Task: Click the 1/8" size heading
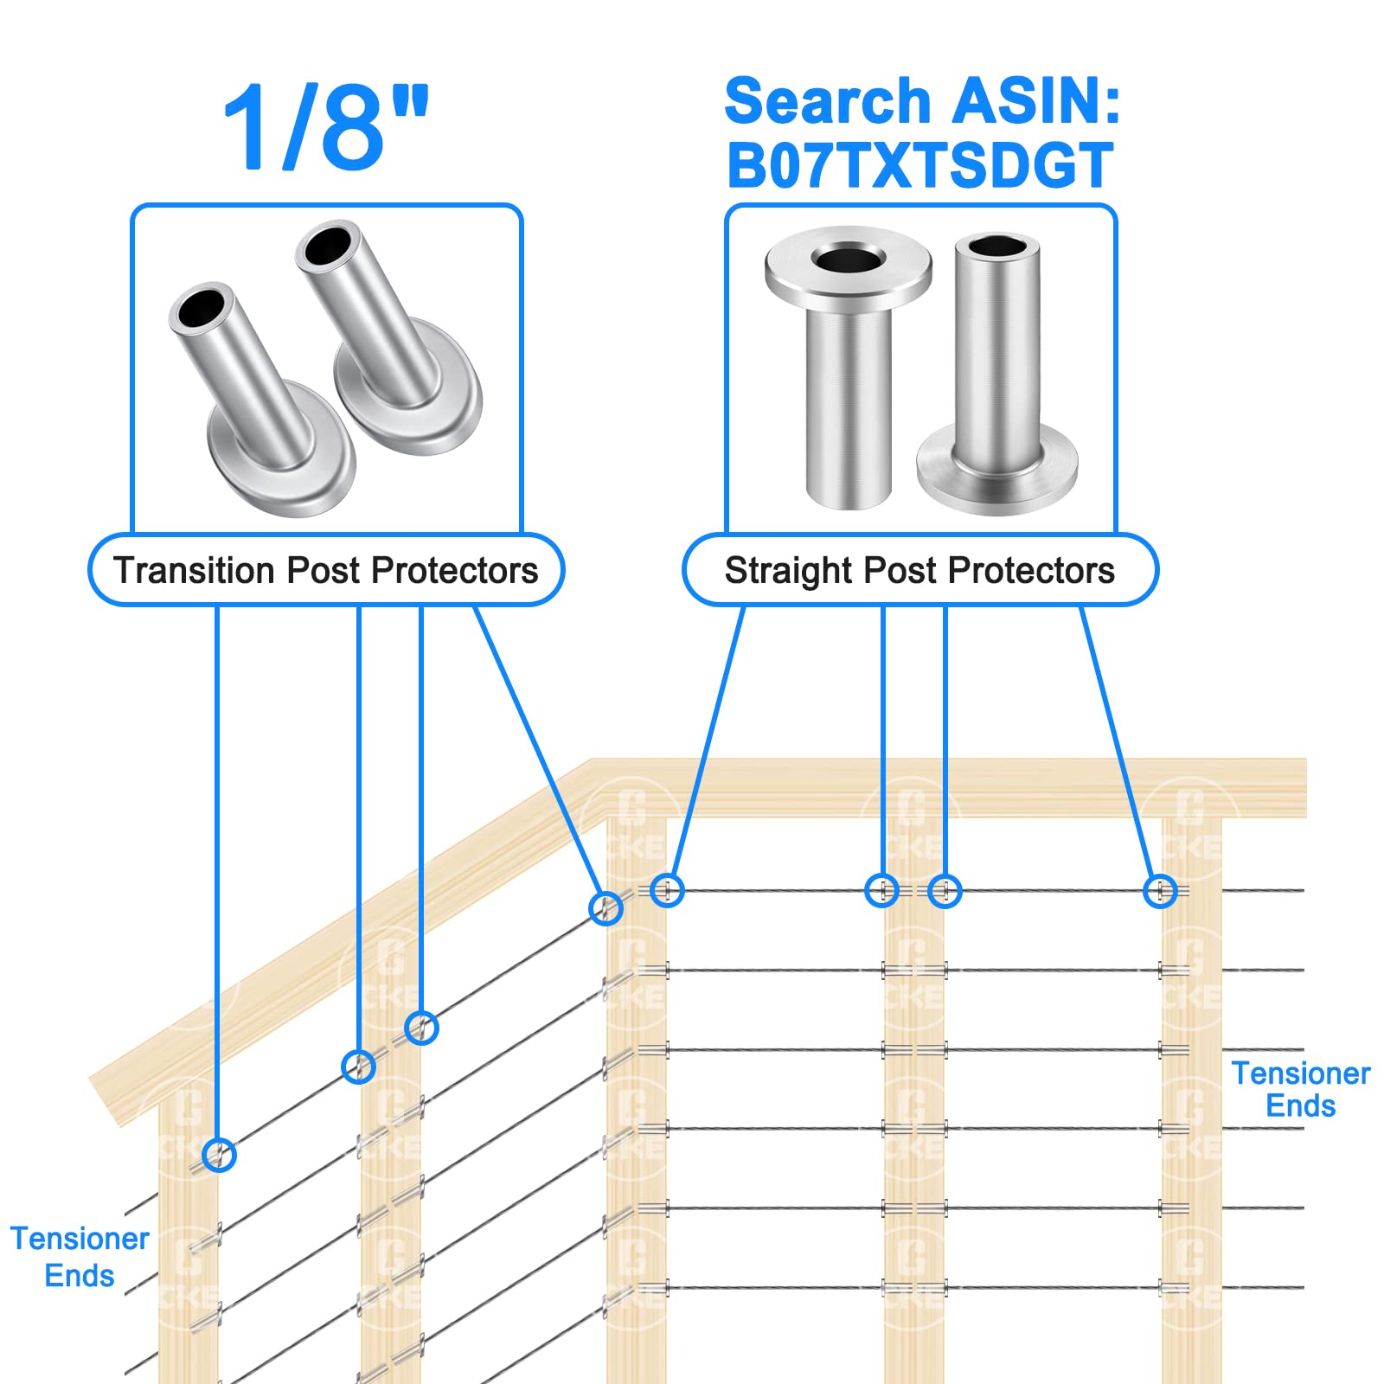point(324,128)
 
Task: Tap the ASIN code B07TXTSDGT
point(919,165)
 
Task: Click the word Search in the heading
point(826,101)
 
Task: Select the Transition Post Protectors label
point(325,570)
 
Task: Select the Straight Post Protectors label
point(919,570)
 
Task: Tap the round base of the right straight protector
point(996,471)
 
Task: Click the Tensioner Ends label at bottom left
point(79,1257)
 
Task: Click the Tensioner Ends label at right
point(1300,1089)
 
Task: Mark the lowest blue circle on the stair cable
point(219,1155)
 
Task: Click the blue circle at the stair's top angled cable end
point(605,908)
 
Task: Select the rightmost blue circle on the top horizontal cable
point(1160,891)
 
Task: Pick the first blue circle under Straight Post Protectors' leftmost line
point(667,889)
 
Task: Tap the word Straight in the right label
point(788,570)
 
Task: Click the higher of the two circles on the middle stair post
point(421,1028)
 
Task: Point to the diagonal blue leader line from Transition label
point(536,744)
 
